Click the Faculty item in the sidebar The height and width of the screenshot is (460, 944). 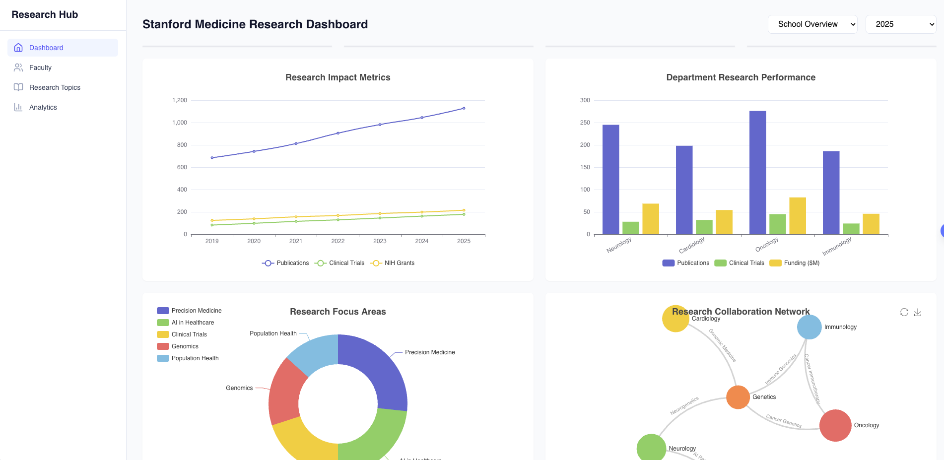click(40, 67)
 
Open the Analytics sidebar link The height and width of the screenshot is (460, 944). click(43, 107)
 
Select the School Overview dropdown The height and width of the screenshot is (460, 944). click(812, 24)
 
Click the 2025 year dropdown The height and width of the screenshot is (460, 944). click(900, 24)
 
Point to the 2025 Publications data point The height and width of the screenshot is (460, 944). click(464, 108)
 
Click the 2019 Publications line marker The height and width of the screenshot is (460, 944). click(212, 158)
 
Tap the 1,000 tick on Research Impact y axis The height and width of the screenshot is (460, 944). click(180, 123)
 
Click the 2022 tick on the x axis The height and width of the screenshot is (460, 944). click(337, 241)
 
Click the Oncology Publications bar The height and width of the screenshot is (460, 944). click(757, 173)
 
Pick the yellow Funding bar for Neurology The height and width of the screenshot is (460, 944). click(650, 219)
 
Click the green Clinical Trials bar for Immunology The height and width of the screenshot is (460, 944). click(851, 229)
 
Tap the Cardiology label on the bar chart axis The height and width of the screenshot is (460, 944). click(691, 245)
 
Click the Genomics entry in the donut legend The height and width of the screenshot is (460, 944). click(185, 346)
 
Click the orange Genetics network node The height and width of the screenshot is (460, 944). click(738, 397)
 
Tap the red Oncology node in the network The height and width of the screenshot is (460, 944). click(835, 425)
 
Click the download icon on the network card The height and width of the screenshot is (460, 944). click(918, 312)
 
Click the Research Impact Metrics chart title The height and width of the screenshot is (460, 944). click(337, 77)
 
